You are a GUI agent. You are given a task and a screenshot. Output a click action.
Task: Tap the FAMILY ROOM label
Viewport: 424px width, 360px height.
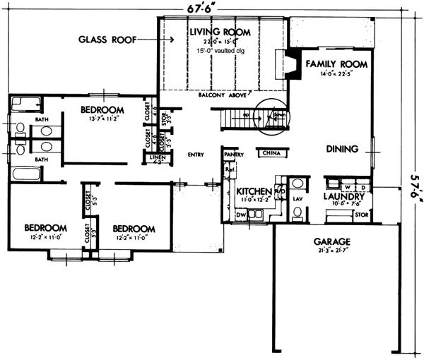click(x=336, y=64)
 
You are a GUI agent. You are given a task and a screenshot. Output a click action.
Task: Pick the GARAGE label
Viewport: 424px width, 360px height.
click(x=331, y=241)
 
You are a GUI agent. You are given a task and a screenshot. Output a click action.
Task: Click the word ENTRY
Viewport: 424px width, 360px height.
click(x=196, y=154)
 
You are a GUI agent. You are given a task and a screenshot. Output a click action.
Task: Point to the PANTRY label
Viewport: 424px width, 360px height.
click(x=233, y=153)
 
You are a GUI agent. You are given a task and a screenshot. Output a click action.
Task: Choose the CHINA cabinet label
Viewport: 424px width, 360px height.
click(x=270, y=152)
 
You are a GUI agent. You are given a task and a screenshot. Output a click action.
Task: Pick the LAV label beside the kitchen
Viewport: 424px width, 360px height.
click(x=297, y=200)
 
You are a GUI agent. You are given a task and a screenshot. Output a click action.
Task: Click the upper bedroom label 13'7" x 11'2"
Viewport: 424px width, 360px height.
click(x=102, y=120)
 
